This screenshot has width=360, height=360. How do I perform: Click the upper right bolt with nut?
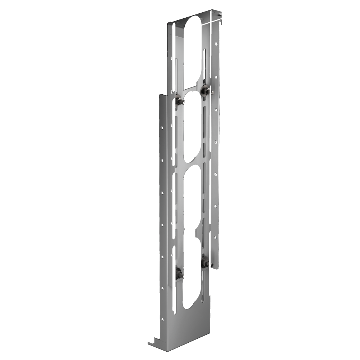click(206, 89)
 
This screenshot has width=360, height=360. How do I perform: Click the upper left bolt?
click(179, 99)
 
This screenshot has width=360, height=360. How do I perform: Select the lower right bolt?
click(206, 261)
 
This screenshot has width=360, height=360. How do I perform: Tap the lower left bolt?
click(179, 273)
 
